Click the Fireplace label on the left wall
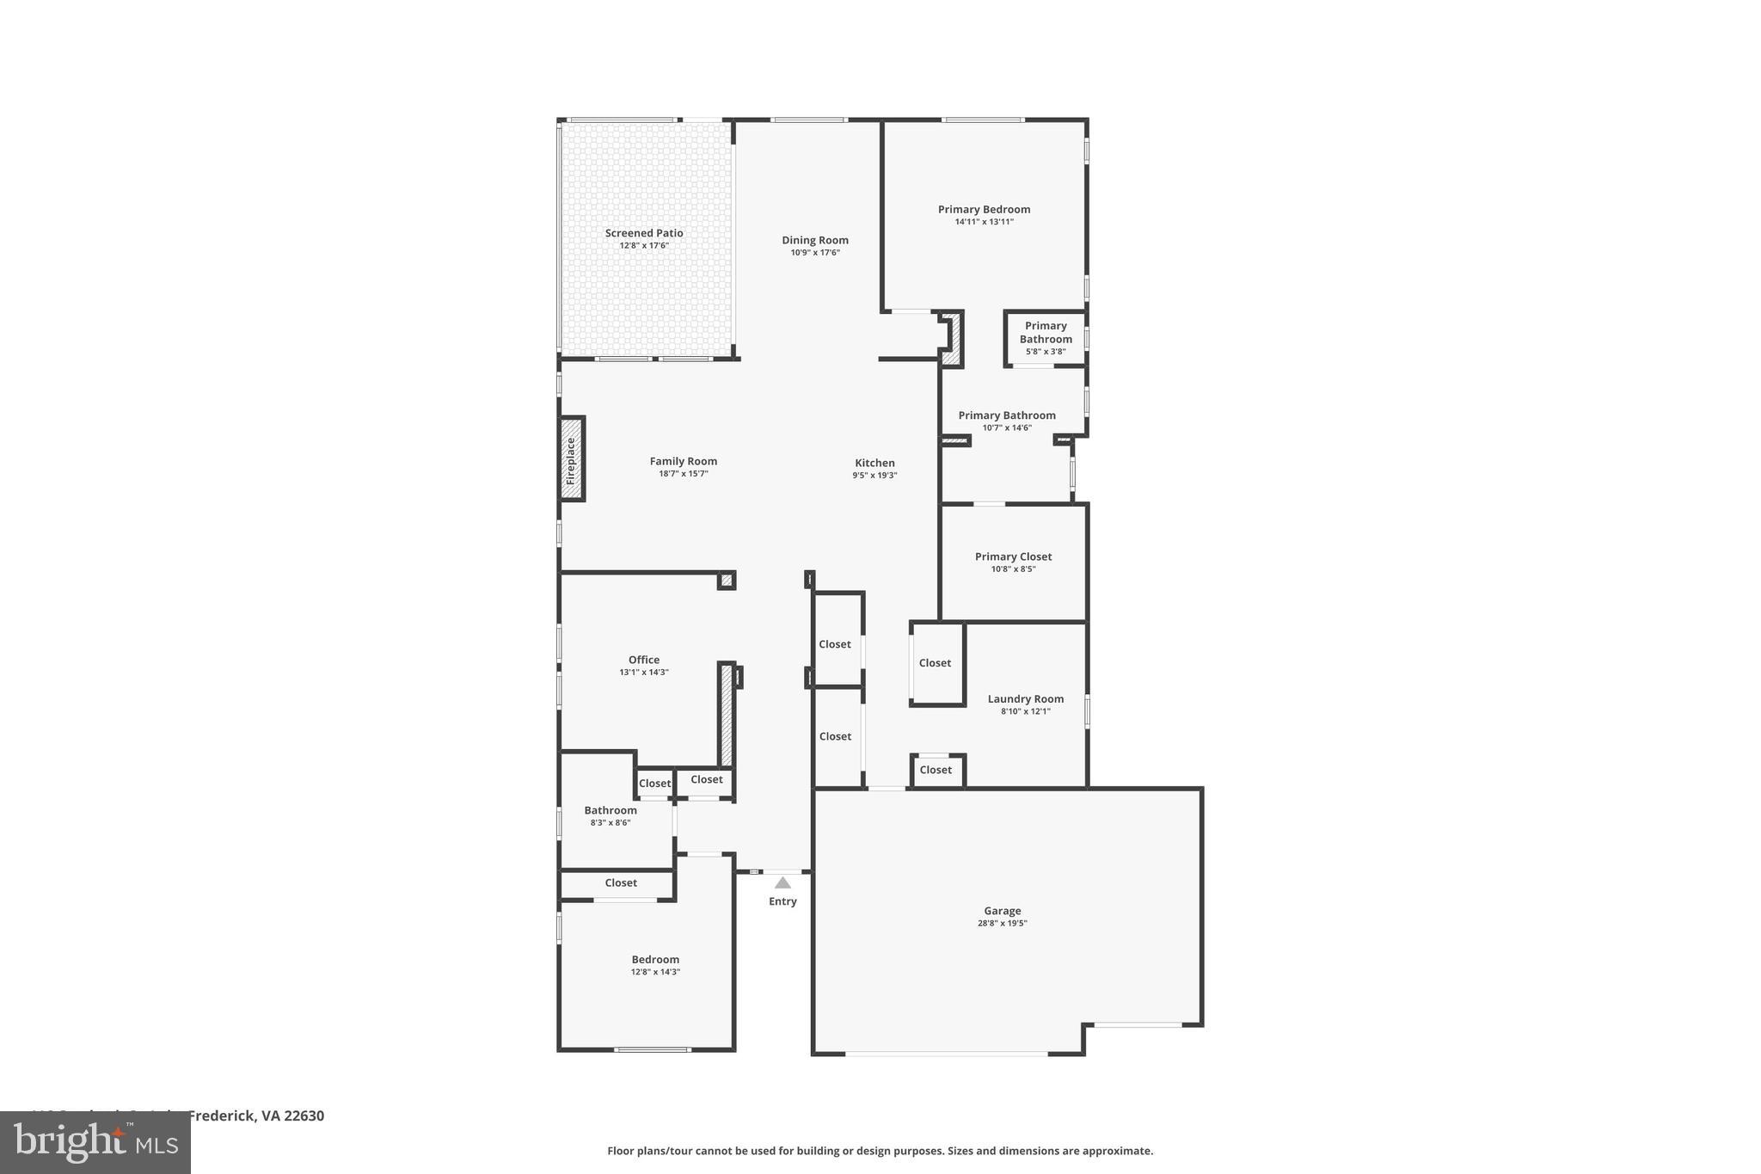tap(571, 460)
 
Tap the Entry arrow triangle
tap(782, 882)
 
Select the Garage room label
tap(1002, 911)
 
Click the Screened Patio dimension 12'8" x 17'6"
tap(644, 246)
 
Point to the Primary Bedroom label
tap(984, 209)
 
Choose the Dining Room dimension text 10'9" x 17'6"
tap(815, 253)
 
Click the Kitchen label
tap(874, 463)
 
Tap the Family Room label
tap(683, 461)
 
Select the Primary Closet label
tap(1013, 556)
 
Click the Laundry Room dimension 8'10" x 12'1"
tap(1025, 711)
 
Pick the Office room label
tap(643, 660)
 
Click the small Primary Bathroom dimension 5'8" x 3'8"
tap(1046, 352)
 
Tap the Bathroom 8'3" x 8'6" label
tap(611, 810)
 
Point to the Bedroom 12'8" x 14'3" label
tap(655, 960)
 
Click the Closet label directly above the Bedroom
tap(621, 882)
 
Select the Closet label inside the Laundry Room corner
tap(936, 770)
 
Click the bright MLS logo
tap(95, 1142)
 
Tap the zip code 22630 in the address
tap(304, 1116)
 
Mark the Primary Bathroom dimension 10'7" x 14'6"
tap(1007, 428)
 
